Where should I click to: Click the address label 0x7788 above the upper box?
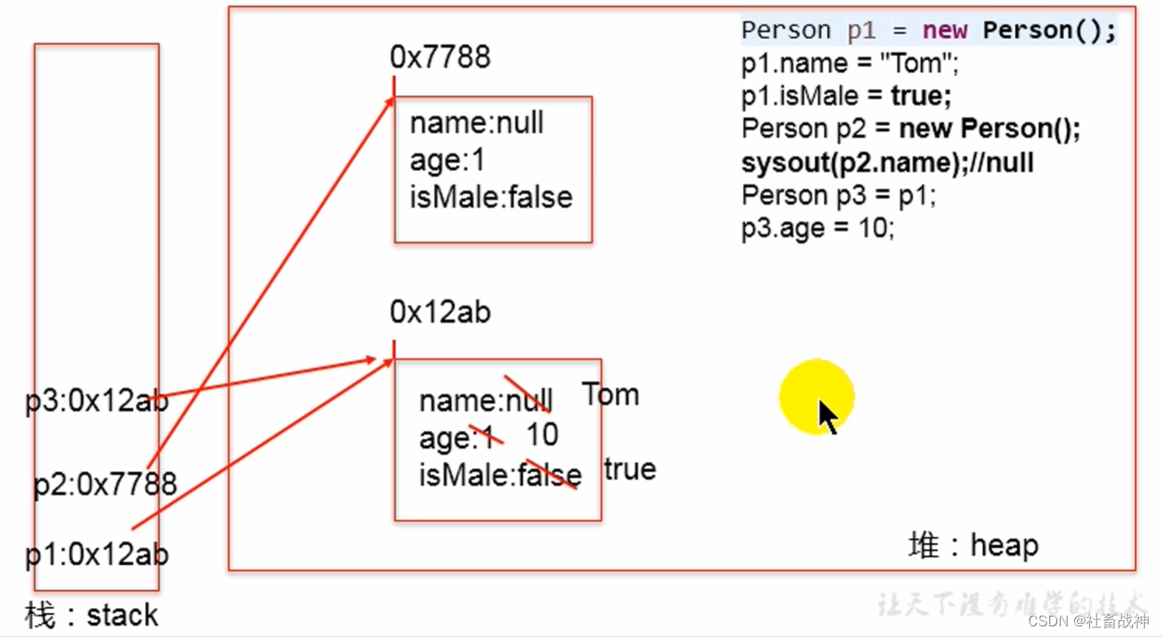[x=440, y=58]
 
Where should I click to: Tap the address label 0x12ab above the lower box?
[x=440, y=312]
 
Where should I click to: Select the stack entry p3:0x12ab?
[x=97, y=403]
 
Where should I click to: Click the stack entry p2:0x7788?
[x=106, y=484]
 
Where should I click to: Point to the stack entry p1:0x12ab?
[x=97, y=555]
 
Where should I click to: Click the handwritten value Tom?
[x=610, y=395]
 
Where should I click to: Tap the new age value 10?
[x=542, y=435]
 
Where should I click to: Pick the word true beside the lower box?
[x=630, y=469]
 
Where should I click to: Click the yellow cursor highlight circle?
[x=816, y=397]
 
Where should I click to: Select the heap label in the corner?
[x=973, y=545]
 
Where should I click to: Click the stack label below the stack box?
[x=91, y=615]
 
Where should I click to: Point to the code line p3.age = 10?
[x=818, y=228]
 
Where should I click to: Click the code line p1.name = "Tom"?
[x=851, y=64]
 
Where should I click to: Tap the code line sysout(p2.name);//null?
[x=887, y=162]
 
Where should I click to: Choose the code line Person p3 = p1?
[x=838, y=195]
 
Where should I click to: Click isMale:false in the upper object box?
[x=491, y=197]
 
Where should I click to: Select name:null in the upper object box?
[x=476, y=123]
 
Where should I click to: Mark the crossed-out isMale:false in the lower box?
[x=500, y=476]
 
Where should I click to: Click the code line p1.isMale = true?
[x=846, y=96]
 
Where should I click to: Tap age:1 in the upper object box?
[x=447, y=161]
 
